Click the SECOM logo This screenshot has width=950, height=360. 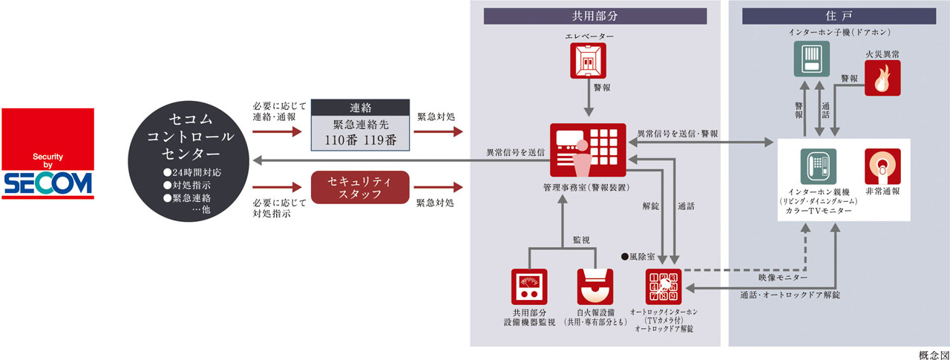point(47,154)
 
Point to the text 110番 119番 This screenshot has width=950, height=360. point(359,139)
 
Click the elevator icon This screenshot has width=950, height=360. point(588,60)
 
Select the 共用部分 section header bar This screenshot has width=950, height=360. point(594,16)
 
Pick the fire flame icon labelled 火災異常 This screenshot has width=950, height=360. point(882,78)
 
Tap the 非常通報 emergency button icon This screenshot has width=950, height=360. point(882,166)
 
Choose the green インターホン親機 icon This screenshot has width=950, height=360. point(819,167)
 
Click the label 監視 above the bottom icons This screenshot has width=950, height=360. point(581,241)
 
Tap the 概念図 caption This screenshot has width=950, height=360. point(933,353)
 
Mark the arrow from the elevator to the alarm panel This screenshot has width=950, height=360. point(588,104)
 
